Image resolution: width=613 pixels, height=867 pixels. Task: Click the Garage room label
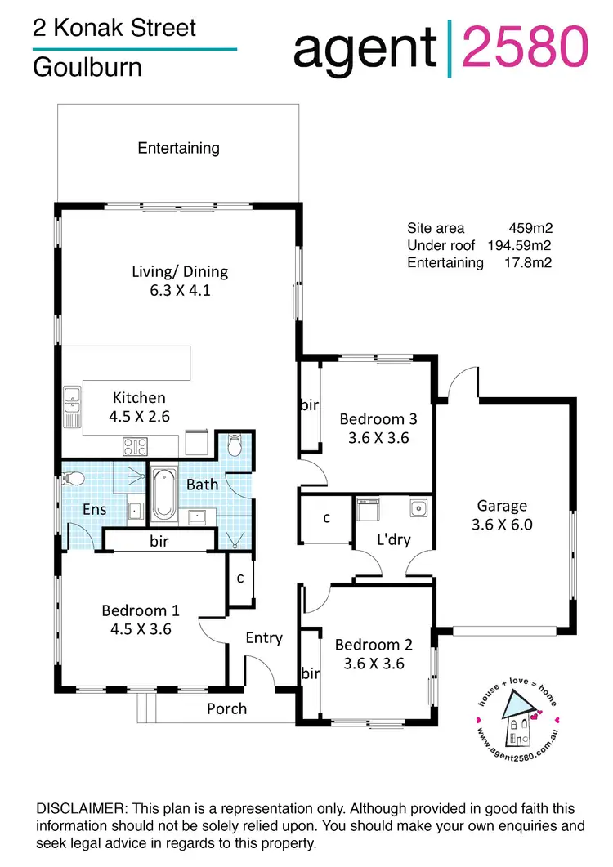(x=502, y=505)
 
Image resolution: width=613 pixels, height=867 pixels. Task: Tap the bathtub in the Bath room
(x=162, y=494)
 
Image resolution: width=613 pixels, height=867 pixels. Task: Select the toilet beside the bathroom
(x=235, y=446)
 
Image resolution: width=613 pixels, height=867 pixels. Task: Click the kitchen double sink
(x=71, y=400)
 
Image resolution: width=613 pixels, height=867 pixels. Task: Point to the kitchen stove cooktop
(x=134, y=446)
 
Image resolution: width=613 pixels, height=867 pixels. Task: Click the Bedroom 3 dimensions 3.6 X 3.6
(x=378, y=438)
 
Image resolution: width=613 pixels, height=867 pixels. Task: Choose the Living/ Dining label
(x=180, y=271)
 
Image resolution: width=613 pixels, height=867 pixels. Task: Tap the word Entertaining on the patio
(x=178, y=148)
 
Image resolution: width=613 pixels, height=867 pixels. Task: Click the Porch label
(x=226, y=708)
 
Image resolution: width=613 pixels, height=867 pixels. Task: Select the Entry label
(x=264, y=637)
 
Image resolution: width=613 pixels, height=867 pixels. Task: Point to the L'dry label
(x=393, y=539)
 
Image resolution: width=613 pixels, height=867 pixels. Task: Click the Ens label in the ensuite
(x=95, y=509)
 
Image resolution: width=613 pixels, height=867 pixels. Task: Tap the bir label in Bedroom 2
(x=311, y=673)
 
